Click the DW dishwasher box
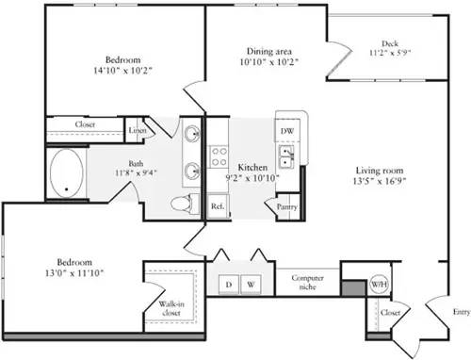point(287,130)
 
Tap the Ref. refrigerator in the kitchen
point(217,205)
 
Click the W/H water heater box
point(379,284)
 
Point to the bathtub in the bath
point(65,173)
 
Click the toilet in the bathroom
point(182,204)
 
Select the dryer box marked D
point(228,283)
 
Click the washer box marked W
point(252,283)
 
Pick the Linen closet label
point(138,131)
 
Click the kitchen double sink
point(286,155)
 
